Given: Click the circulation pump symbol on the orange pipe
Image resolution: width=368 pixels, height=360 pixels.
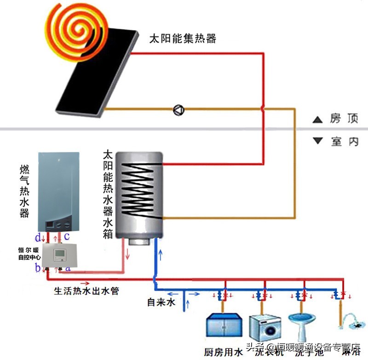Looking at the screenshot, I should point(178,110).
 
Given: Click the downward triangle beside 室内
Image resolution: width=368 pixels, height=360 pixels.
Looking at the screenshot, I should point(317,141).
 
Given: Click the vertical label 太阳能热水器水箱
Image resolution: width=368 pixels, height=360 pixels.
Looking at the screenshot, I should point(108,193).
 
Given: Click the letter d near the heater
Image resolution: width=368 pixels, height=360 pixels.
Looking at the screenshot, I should point(38,238).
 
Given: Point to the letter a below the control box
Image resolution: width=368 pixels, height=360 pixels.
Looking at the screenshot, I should point(68,267).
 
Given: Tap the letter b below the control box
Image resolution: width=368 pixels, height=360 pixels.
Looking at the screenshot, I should point(39,268).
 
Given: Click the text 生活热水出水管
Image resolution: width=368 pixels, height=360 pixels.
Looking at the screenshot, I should point(86,291).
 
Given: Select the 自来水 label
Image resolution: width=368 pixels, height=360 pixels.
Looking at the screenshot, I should point(161,302).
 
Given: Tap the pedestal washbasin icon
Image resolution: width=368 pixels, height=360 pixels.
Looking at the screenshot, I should point(301,327).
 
